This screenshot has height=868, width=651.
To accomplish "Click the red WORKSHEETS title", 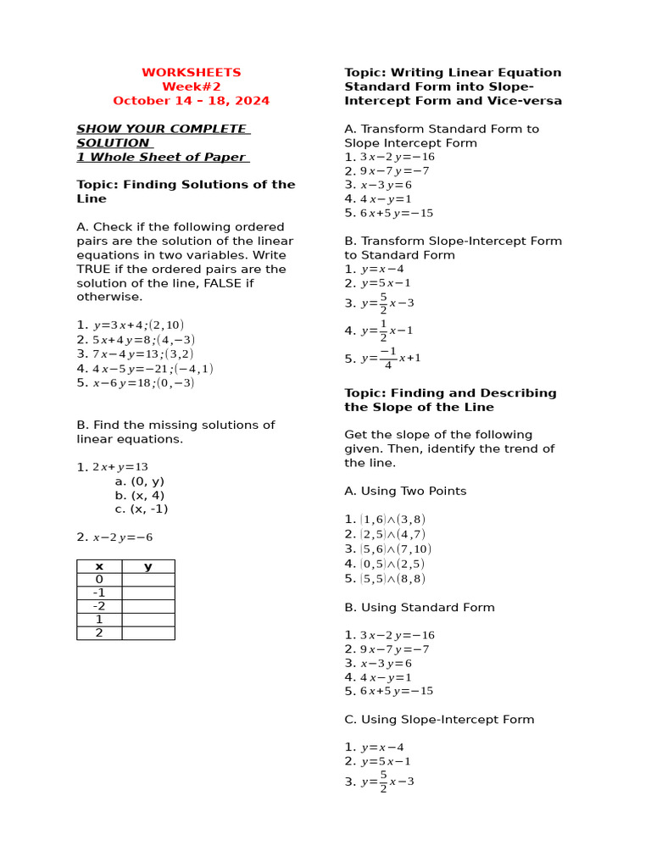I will [x=191, y=73].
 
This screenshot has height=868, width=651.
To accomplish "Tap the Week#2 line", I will [x=191, y=86].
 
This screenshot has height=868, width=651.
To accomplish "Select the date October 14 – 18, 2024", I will [x=191, y=101].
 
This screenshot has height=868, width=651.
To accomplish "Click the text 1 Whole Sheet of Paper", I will [x=161, y=157].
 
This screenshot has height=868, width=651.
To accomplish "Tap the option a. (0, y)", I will [x=140, y=481].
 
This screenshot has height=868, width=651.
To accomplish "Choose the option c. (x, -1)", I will [x=142, y=509].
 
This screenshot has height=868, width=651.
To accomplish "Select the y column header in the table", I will [x=148, y=566].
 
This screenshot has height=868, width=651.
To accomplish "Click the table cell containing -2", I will [x=99, y=606].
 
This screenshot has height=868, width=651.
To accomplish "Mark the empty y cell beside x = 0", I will [x=148, y=580].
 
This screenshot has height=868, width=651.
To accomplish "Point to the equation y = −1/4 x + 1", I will [x=390, y=359].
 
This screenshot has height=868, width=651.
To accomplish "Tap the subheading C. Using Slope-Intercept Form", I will [x=439, y=720].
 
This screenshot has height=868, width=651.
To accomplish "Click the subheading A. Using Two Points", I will [x=405, y=491].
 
